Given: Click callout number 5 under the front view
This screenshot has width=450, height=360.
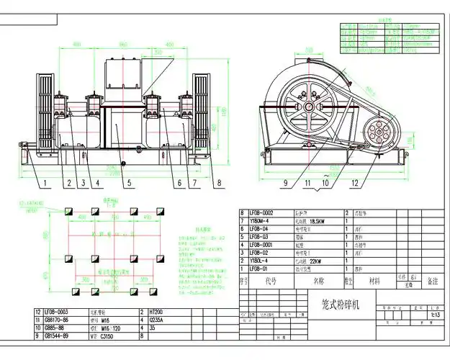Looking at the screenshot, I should point(129,184).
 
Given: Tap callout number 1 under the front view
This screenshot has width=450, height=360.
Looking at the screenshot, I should point(44,184).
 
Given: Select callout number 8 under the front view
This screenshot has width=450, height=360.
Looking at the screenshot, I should point(217,184).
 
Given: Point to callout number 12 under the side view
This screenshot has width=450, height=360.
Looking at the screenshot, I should point(354,184).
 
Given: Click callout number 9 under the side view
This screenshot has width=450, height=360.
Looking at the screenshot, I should point(286,184).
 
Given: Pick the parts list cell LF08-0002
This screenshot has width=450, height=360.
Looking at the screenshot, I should point(261,214).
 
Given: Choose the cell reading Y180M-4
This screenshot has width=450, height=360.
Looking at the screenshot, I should point(260,222).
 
